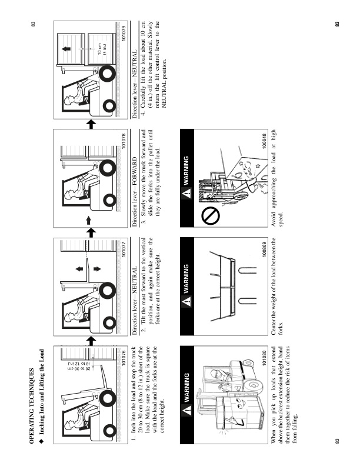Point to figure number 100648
pos(261,139)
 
